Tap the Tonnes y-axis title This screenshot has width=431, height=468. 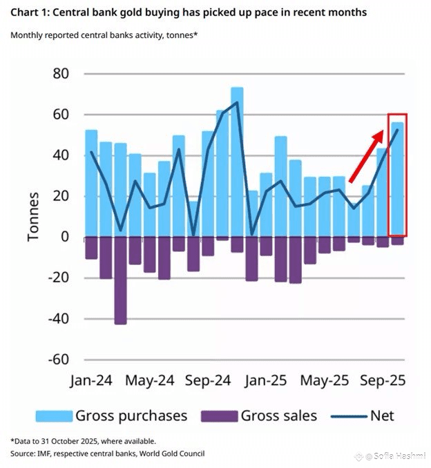pyautogui.click(x=33, y=217)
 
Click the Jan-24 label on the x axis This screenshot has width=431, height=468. pyautogui.click(x=91, y=380)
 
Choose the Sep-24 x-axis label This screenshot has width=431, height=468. pyautogui.click(x=207, y=380)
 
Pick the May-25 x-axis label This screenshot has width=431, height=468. pyautogui.click(x=324, y=380)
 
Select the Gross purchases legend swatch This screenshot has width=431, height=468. pyautogui.click(x=54, y=416)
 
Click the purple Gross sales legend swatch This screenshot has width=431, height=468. pyautogui.click(x=219, y=416)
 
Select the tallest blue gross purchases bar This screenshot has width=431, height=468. pyautogui.click(x=237, y=162)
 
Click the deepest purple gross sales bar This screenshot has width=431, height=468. pyautogui.click(x=120, y=280)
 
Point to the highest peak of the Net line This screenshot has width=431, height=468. pyautogui.click(x=237, y=102)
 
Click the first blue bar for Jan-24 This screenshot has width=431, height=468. pyautogui.click(x=91, y=183)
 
